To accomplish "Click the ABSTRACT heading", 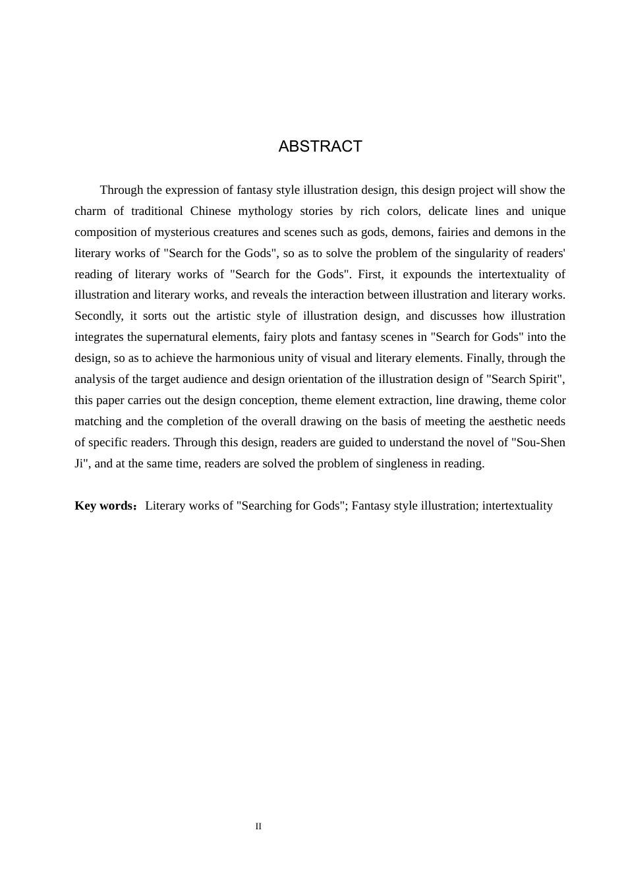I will click(x=320, y=146).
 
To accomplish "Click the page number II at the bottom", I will click(x=258, y=827).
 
